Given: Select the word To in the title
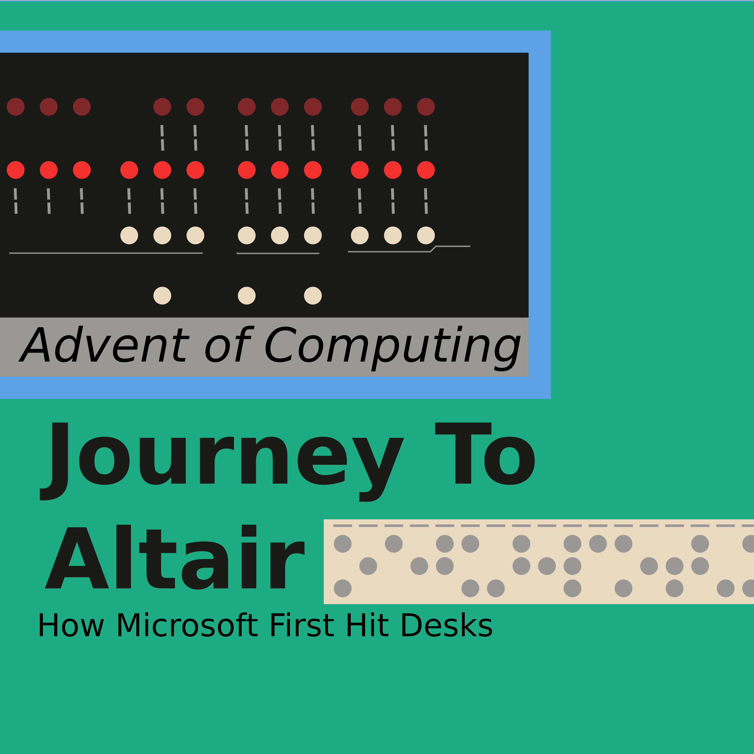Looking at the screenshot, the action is [x=485, y=454].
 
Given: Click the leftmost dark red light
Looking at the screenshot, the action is [x=16, y=107].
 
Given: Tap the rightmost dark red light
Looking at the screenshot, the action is [x=426, y=107].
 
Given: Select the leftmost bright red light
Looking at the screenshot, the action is [x=16, y=170].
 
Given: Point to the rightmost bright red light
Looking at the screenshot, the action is [x=426, y=170].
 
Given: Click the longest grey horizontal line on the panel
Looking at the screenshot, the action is [x=106, y=253].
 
